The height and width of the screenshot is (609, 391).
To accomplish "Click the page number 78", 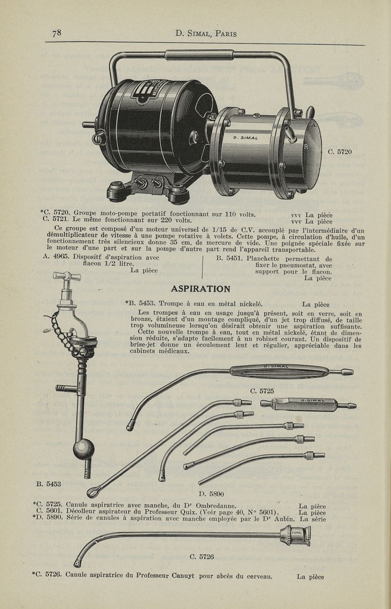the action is point(57,33).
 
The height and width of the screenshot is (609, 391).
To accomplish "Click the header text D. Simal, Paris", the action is point(206,33).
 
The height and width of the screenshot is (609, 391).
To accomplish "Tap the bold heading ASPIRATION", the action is point(200,289).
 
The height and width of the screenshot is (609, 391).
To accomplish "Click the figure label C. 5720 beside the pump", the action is point(340,152).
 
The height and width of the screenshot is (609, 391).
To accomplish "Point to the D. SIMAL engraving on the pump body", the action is point(245,138).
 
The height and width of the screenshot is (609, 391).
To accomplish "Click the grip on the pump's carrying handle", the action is point(199,55).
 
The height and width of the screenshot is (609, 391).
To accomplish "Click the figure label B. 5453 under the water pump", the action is point(48,483).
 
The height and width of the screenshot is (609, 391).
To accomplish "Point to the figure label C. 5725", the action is point(262,391).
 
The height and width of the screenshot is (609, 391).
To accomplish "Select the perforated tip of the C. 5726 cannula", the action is point(78,562).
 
